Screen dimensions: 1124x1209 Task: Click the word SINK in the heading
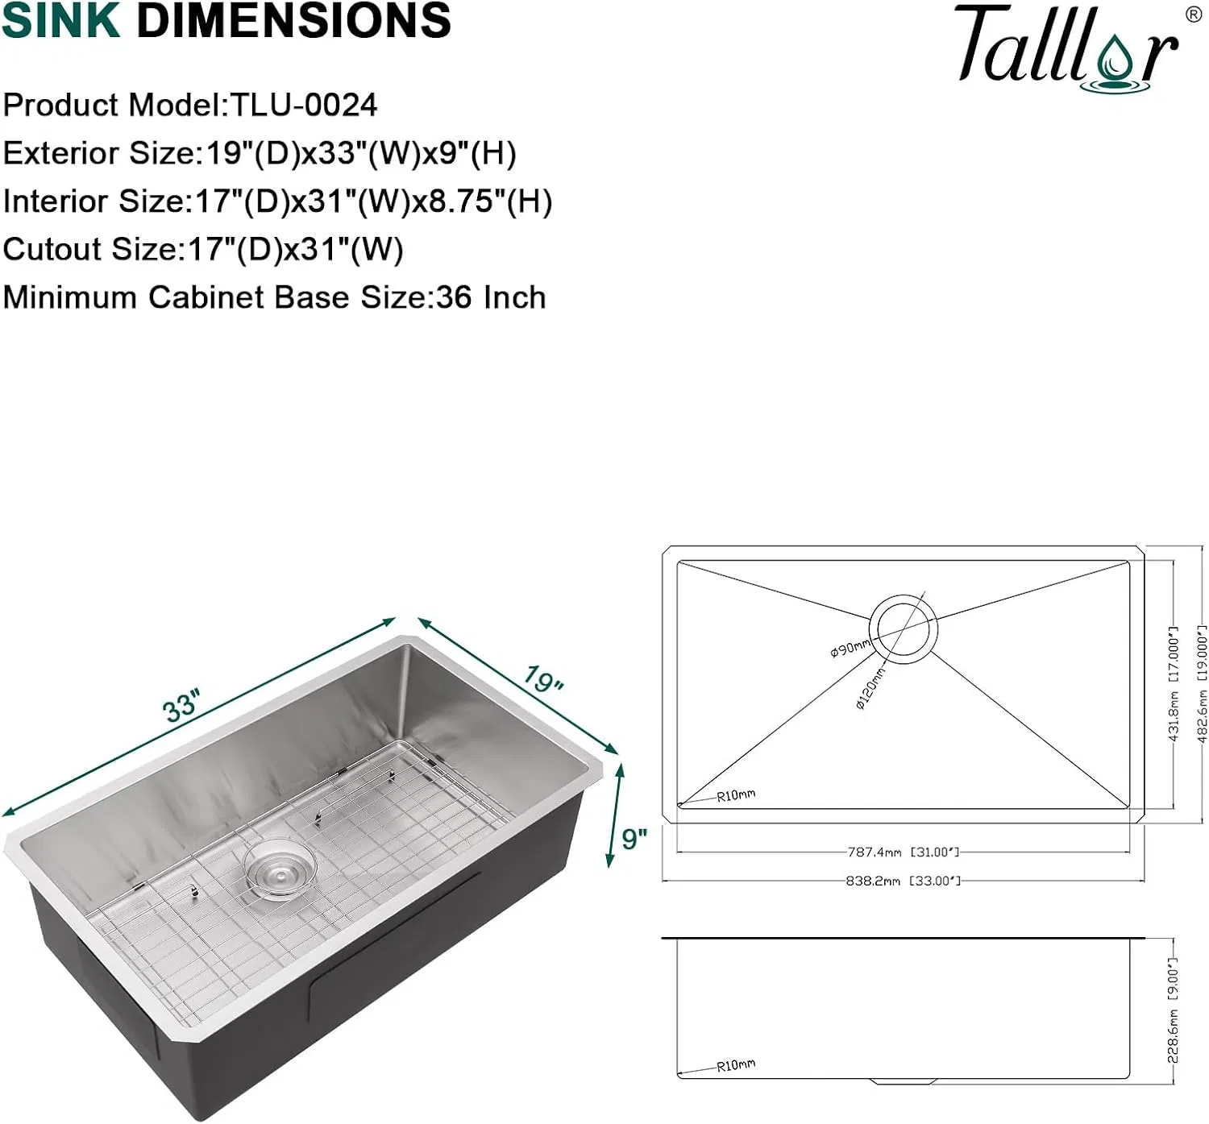pos(60,21)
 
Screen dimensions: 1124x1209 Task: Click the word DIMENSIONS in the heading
pos(293,21)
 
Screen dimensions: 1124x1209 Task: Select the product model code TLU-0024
pos(304,106)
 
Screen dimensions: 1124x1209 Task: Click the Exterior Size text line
pos(259,153)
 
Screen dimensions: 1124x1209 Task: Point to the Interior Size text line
pos(276,201)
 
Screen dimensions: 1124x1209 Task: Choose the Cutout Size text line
pos(202,250)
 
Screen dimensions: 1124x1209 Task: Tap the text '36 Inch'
pos(491,297)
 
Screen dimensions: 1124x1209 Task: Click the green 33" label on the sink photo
pos(181,706)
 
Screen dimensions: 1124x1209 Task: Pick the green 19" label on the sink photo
pos(543,679)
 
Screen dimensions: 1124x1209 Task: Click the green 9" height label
pos(634,839)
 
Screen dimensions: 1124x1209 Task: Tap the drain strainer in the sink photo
pos(279,868)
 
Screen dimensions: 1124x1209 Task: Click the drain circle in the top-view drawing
pos(903,629)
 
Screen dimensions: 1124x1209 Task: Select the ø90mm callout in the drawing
pos(850,647)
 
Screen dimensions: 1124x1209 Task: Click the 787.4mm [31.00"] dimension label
pos(903,852)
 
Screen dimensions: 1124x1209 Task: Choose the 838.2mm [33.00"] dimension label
pos(903,881)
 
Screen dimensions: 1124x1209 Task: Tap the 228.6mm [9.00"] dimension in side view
pos(1174,1012)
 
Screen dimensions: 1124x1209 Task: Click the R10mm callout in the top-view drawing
pos(736,795)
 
